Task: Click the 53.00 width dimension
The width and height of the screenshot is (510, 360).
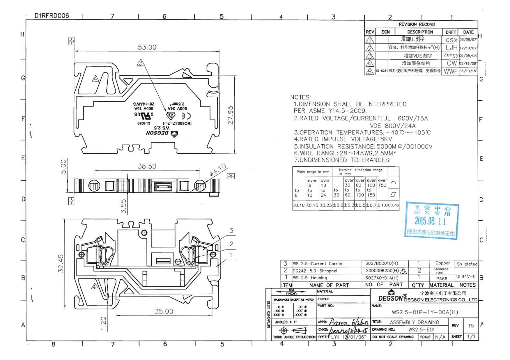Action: coord(147,47)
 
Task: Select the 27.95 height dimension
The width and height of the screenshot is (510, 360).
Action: coord(231,115)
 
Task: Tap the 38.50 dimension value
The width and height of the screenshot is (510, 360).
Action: coord(147,166)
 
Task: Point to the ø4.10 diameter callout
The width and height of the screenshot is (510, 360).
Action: coord(217,170)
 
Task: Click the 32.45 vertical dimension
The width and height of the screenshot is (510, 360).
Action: coord(61,263)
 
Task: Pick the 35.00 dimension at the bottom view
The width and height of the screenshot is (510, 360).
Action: coord(164,311)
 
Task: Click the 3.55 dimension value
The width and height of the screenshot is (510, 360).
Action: coord(123,206)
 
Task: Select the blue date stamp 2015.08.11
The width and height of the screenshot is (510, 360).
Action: coord(430,221)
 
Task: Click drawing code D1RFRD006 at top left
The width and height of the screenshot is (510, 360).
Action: coord(52,16)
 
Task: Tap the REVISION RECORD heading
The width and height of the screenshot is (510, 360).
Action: coord(417,24)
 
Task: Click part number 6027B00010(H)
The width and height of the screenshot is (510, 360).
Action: coord(382,263)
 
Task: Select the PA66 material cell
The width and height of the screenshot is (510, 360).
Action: coord(441,279)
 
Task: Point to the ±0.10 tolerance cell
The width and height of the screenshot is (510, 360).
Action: coord(299,205)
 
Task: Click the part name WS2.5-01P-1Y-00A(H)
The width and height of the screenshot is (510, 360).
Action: coord(424,312)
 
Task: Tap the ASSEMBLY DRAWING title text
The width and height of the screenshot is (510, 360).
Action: coord(414,322)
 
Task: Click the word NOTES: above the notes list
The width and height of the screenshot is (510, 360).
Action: coord(300,97)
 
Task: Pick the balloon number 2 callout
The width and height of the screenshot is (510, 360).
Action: coord(231,244)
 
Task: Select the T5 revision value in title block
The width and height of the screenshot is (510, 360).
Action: coord(471,326)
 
